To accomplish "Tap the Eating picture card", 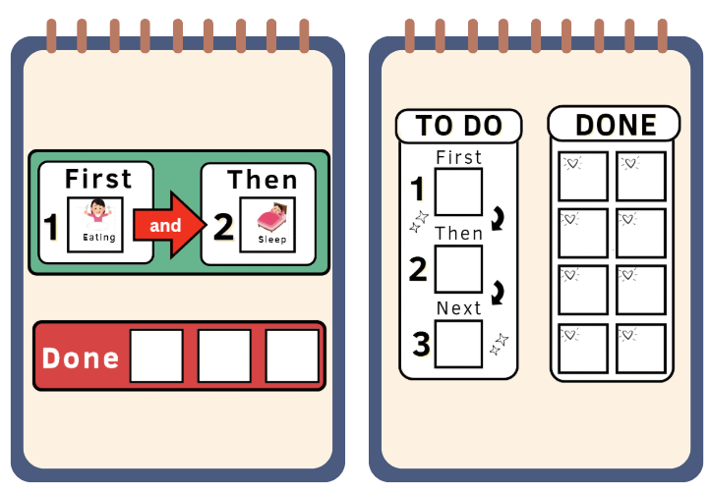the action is point(95,224).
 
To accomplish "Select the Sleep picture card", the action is point(267,224).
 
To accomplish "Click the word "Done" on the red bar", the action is point(81,357).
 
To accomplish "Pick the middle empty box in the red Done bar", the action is point(224,356).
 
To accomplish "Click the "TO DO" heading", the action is point(458,126).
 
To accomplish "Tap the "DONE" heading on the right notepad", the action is point(616,125).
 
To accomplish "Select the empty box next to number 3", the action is point(458,344).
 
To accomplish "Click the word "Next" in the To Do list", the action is point(458,308).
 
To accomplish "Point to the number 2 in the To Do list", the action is point(418,269).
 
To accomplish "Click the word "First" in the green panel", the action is point(98,178).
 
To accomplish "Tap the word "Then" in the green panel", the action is point(263,180).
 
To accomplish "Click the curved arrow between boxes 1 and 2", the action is point(498,218).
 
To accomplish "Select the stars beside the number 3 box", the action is point(500,344).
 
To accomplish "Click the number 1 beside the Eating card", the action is point(51,227).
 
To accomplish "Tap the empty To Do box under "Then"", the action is point(458,269).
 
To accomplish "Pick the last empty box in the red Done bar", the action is point(292,356).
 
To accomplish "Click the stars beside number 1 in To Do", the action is point(419,221).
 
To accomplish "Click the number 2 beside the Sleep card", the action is point(223,227).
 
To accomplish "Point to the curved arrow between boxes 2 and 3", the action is point(498,293).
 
